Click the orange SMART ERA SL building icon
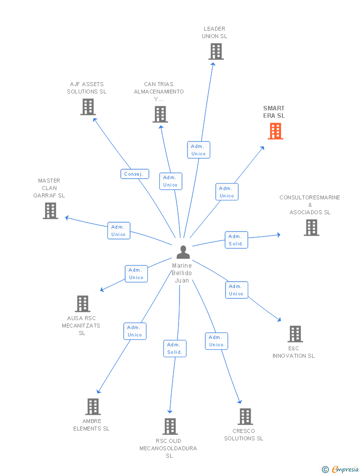point(275,131)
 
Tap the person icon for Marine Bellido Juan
point(183,252)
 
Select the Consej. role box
point(135,174)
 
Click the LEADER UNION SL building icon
point(216,51)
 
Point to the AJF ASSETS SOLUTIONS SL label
point(87,88)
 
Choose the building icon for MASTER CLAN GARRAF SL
point(50,211)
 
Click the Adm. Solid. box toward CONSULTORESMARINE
point(236,240)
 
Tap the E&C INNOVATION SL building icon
point(295,334)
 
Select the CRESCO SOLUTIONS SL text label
point(244,435)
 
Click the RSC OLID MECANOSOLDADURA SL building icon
point(170,426)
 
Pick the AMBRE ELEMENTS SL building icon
point(93,407)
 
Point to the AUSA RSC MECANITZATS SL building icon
point(83,303)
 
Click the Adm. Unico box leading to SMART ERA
point(227,192)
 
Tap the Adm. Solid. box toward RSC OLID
point(175,348)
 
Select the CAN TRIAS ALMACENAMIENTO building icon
point(160,114)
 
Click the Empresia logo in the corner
point(340,469)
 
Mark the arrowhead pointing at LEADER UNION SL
point(213,64)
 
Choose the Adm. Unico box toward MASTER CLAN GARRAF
point(119,231)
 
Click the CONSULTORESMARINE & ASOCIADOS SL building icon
point(312,228)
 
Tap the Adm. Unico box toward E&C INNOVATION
point(236,290)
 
